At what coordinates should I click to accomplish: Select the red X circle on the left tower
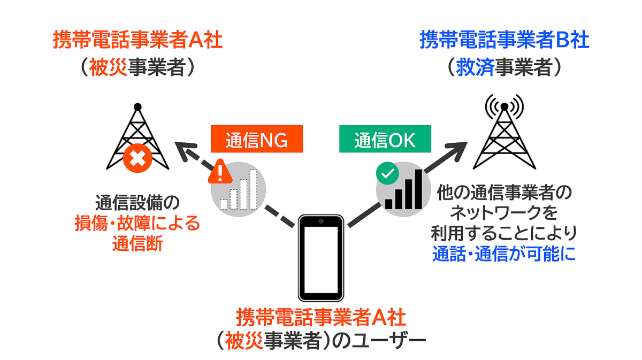click(137, 159)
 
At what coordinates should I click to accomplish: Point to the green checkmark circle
click(387, 173)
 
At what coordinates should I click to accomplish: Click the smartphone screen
click(320, 258)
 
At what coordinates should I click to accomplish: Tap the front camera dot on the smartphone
click(320, 221)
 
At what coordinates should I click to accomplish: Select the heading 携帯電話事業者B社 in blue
click(504, 41)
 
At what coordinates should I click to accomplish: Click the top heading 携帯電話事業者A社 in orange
click(137, 41)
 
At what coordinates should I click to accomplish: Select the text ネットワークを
click(504, 212)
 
